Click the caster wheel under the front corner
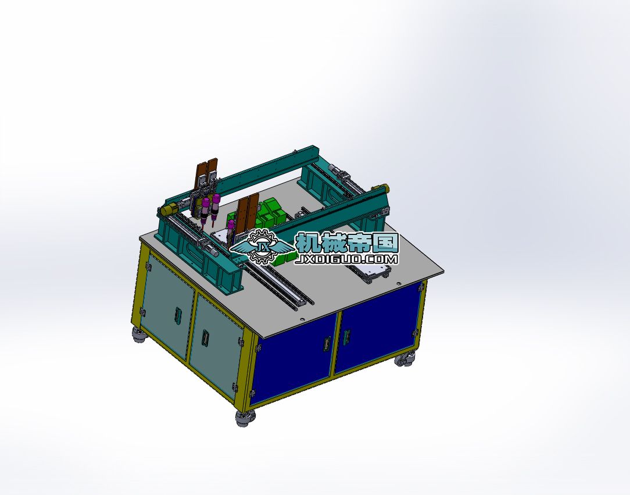245,418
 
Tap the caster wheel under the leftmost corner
139,334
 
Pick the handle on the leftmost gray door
177,315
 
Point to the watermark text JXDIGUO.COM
346,259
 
